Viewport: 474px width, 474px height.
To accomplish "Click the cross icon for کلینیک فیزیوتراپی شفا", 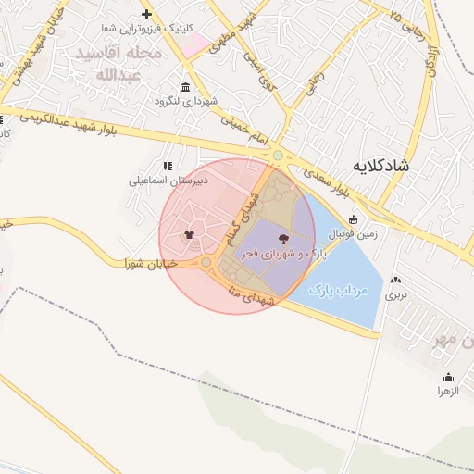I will coord(147,15).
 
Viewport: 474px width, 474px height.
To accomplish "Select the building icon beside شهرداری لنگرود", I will coord(186,87).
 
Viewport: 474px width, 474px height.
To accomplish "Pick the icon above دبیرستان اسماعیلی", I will coord(168,166).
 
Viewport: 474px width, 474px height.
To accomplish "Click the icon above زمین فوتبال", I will coord(353,219).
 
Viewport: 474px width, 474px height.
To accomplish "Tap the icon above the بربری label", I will coord(396,280).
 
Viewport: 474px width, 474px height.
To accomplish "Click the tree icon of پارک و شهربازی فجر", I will coord(282,238).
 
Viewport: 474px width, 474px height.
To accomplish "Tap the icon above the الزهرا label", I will coord(449,377).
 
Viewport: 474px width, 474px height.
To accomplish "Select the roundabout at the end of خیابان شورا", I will coord(206,263).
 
